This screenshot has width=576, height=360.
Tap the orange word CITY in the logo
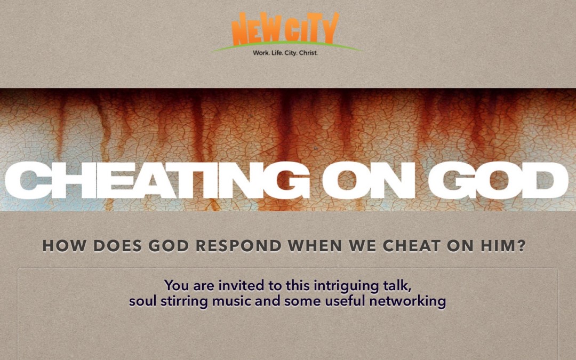pos(311,29)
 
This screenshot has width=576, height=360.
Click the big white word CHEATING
pos(157,181)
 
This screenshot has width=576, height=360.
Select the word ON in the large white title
pos(368,181)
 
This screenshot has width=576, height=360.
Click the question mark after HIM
pos(521,246)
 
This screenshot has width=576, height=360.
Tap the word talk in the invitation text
pos(393,286)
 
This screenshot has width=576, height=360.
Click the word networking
pos(407,302)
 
